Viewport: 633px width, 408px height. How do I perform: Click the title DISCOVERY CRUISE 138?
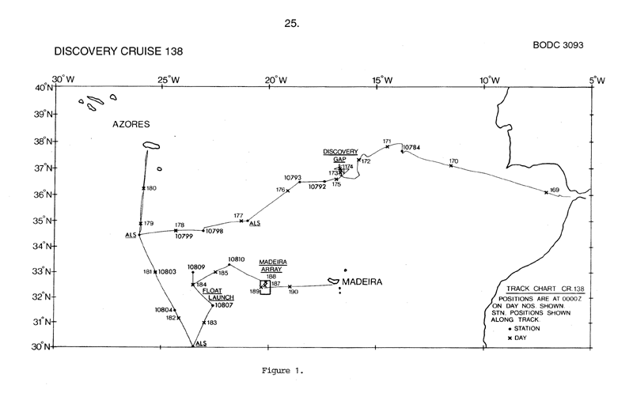(x=119, y=51)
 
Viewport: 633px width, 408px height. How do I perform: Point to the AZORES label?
(x=131, y=125)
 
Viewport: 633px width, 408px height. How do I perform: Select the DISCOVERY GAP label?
(x=340, y=155)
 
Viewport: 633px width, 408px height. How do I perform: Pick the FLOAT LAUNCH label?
(x=217, y=294)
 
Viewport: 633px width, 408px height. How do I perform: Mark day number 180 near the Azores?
(x=152, y=188)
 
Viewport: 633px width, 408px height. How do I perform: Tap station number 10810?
(x=237, y=259)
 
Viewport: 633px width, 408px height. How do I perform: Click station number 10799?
(x=183, y=236)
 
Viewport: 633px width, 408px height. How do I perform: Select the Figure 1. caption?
(x=282, y=368)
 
